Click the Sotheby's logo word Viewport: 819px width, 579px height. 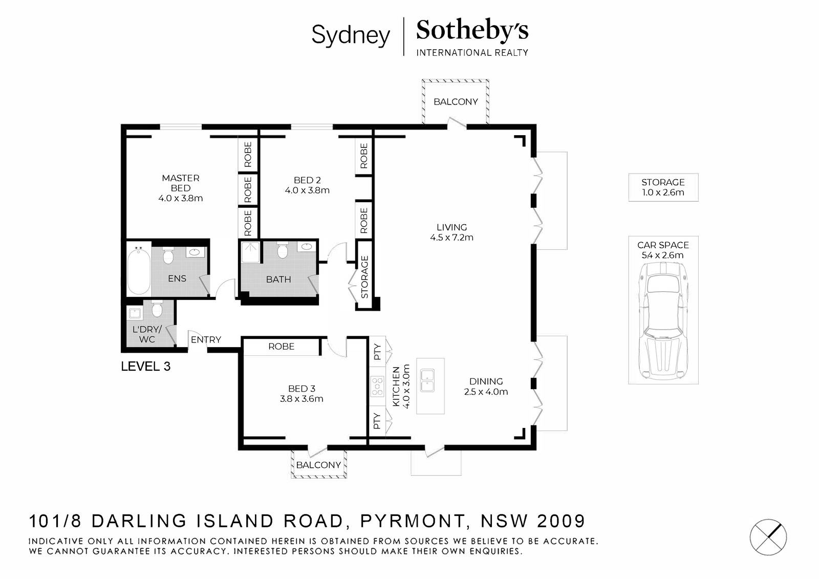pyautogui.click(x=472, y=30)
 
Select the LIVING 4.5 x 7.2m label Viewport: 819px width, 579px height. pyautogui.click(x=451, y=232)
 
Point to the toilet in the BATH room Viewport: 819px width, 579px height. pyautogui.click(x=282, y=250)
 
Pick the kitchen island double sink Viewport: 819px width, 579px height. pyautogui.click(x=427, y=381)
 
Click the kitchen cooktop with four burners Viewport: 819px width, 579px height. pyautogui.click(x=377, y=387)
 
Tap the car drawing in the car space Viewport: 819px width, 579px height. pyautogui.click(x=663, y=322)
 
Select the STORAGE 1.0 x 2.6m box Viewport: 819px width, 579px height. pyautogui.click(x=663, y=187)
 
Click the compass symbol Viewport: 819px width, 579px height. pyautogui.click(x=768, y=537)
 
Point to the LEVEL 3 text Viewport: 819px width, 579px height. pyautogui.click(x=145, y=366)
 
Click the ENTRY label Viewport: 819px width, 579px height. pyautogui.click(x=206, y=340)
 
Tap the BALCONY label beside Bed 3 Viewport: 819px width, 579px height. pyautogui.click(x=318, y=465)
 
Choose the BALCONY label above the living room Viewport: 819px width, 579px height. pyautogui.click(x=456, y=102)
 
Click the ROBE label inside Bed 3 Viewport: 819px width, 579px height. pyautogui.click(x=281, y=347)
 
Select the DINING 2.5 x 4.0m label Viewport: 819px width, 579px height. pyautogui.click(x=486, y=387)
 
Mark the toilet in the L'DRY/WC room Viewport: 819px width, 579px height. pyautogui.click(x=157, y=309)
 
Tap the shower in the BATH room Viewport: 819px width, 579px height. pyautogui.click(x=250, y=252)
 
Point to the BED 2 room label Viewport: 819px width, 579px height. pyautogui.click(x=307, y=185)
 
